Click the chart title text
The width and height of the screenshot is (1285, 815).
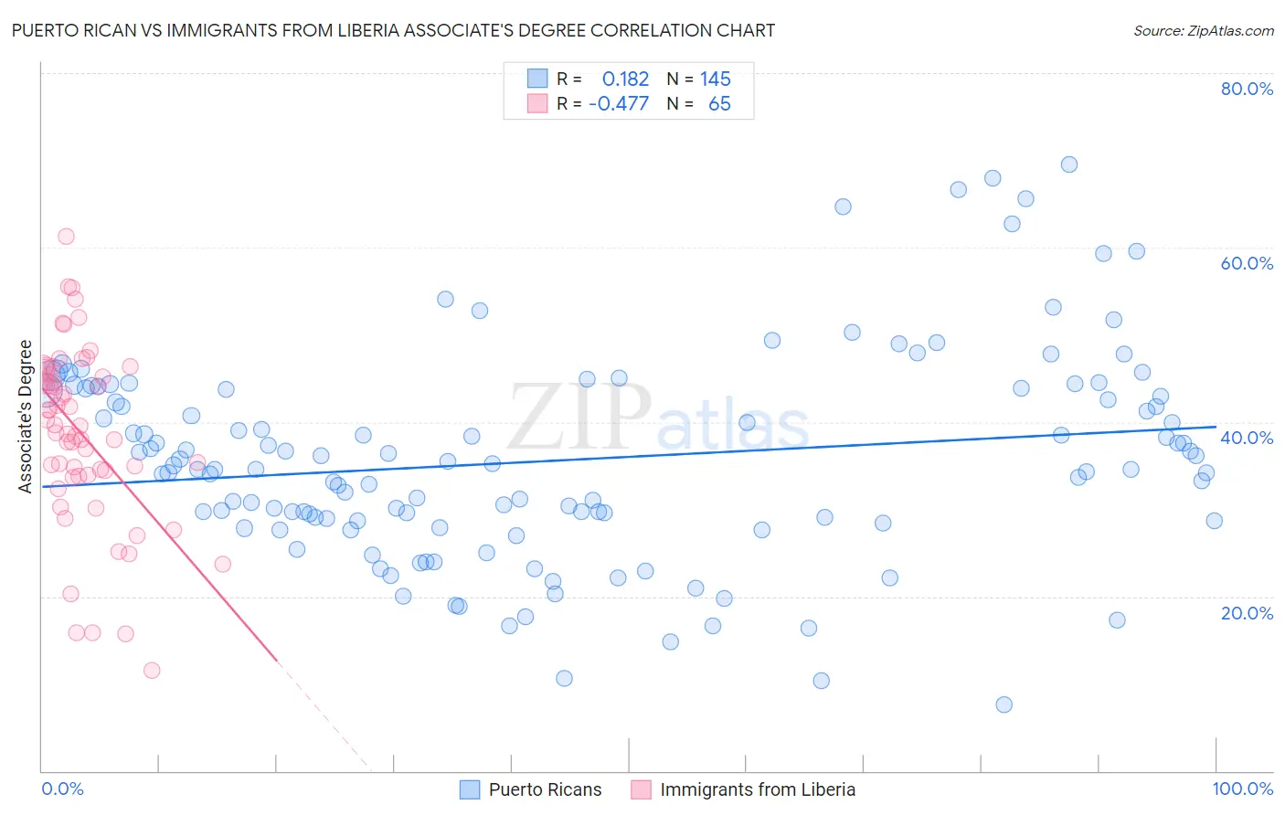click(x=393, y=31)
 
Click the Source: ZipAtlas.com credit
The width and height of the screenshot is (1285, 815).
click(x=1203, y=31)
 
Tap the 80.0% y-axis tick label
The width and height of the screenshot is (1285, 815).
click(x=1247, y=89)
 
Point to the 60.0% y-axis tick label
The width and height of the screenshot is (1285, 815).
click(x=1247, y=263)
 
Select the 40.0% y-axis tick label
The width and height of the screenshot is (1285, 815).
click(x=1247, y=438)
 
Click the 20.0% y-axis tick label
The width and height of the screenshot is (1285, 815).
click(x=1247, y=613)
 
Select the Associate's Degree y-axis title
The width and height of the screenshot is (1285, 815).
click(x=26, y=417)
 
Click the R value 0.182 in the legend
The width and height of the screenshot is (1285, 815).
click(x=625, y=79)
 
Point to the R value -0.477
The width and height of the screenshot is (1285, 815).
click(x=619, y=104)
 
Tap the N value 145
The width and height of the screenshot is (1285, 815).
click(x=716, y=79)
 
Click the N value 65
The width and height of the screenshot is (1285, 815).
click(x=719, y=104)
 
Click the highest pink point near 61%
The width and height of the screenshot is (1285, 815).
click(x=66, y=237)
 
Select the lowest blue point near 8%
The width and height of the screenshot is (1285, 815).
click(x=1004, y=704)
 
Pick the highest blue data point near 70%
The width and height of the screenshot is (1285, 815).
click(x=1068, y=164)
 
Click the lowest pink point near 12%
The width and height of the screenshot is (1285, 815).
click(x=152, y=671)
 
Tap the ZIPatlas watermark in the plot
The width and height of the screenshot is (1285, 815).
click(x=658, y=418)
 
